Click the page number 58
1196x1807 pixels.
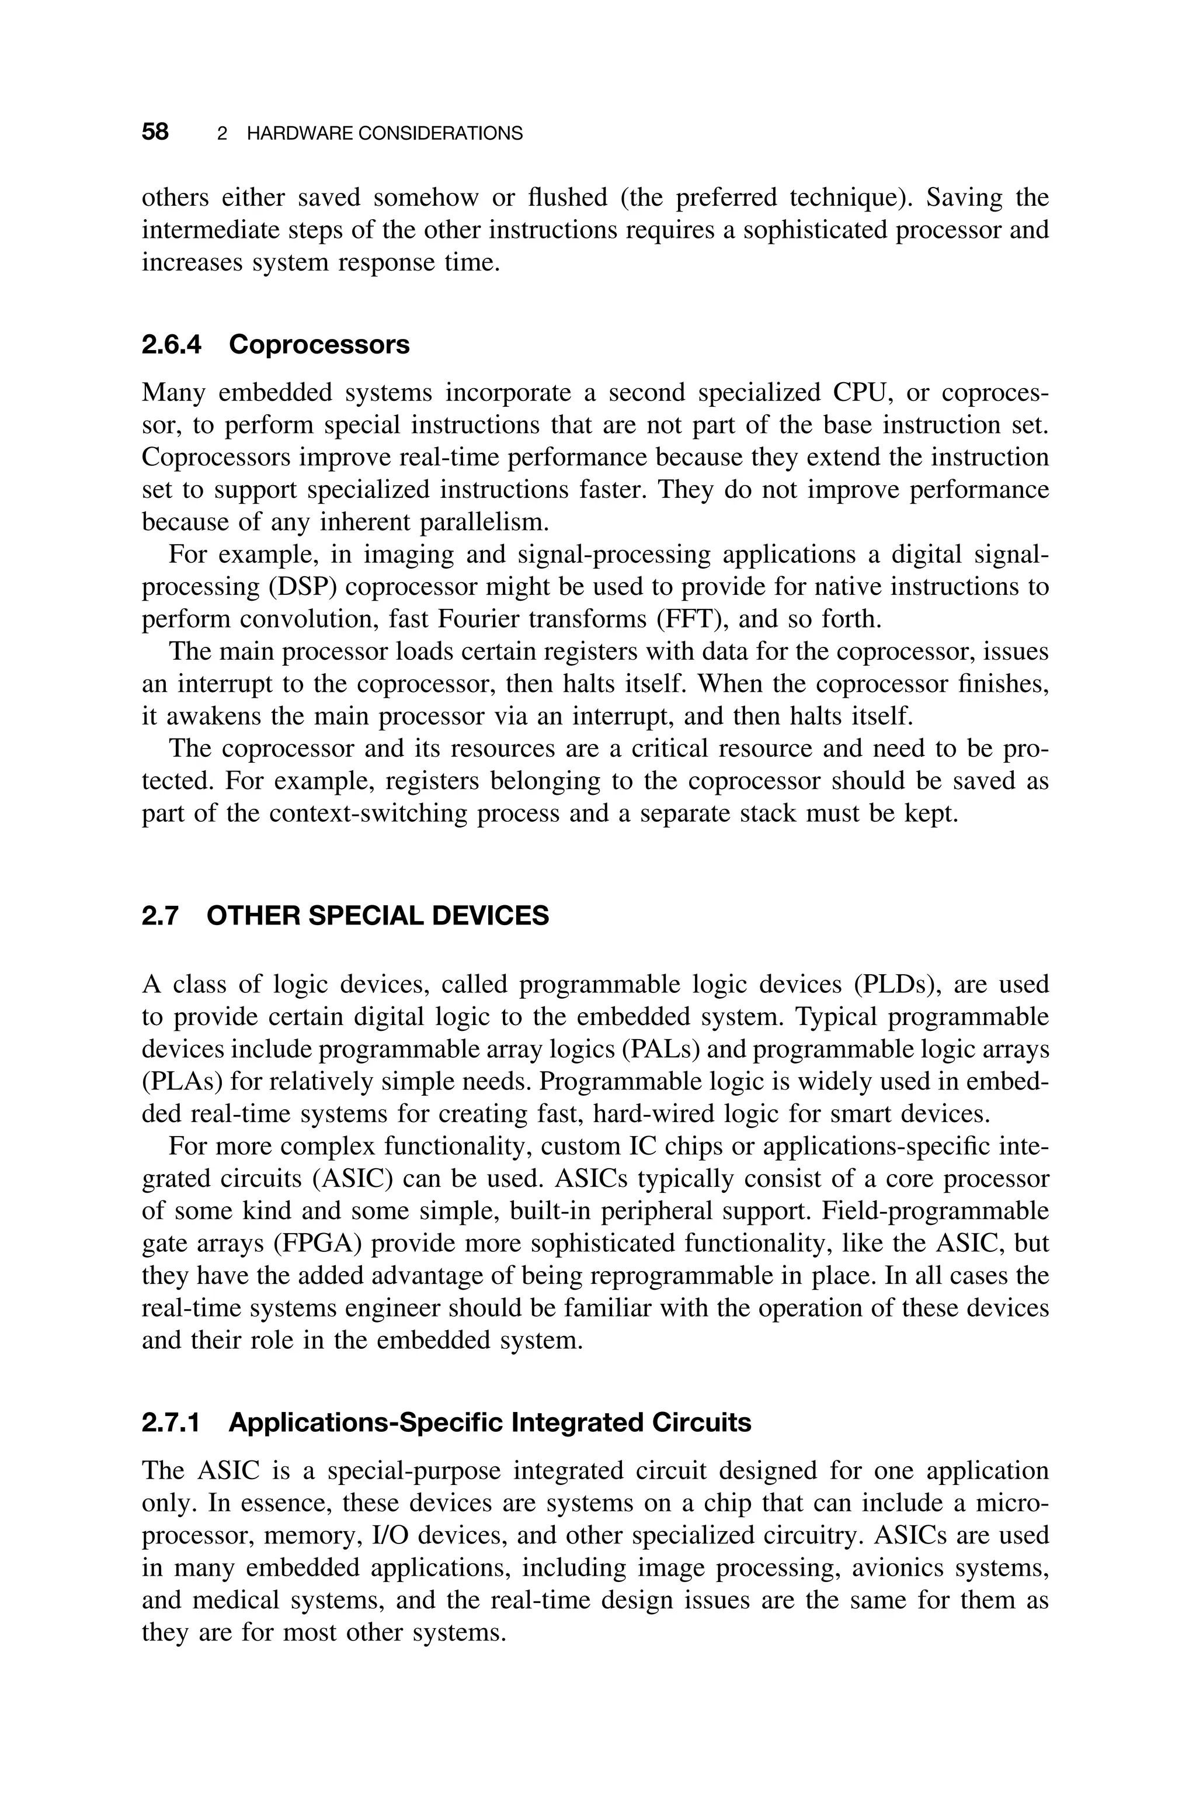[x=155, y=132]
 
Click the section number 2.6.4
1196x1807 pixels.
[x=172, y=345]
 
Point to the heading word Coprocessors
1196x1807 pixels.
[x=319, y=345]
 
